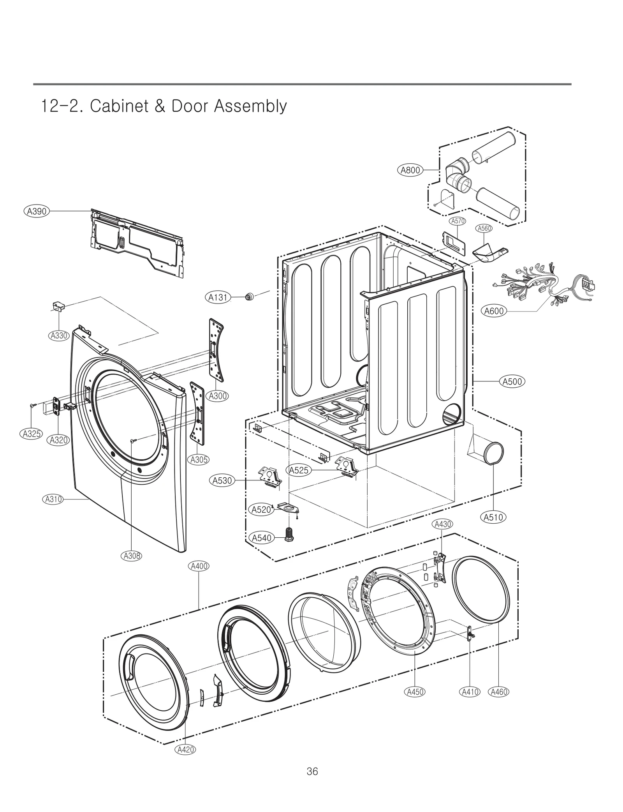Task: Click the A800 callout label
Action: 410,170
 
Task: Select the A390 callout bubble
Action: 37,211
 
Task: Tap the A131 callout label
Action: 218,298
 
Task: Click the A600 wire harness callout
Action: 494,311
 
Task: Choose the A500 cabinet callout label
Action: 512,381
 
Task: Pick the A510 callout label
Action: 493,517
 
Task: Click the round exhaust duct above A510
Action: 493,453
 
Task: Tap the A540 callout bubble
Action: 262,538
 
